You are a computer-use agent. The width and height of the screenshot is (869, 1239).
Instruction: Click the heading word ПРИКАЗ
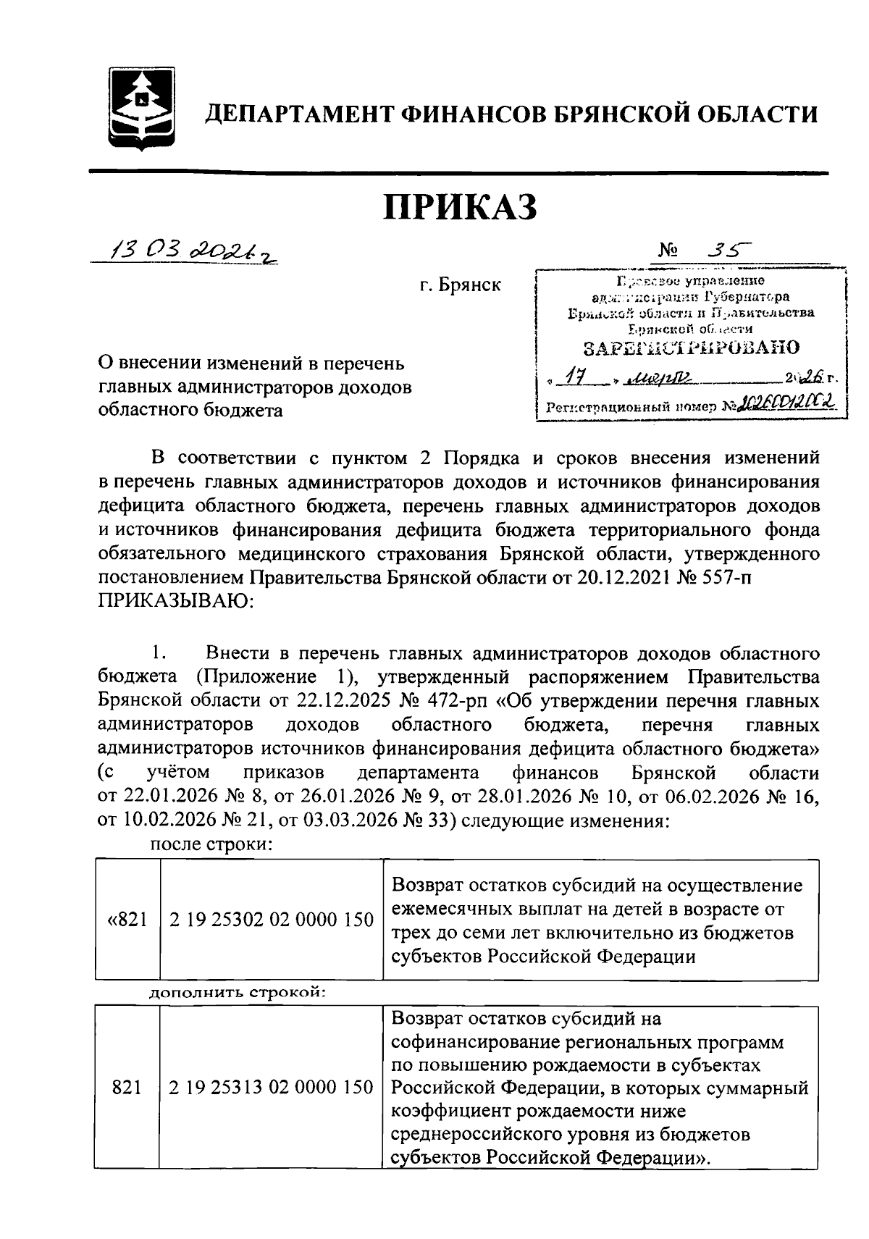460,206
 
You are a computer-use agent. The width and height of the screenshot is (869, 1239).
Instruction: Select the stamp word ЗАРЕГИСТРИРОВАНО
692,348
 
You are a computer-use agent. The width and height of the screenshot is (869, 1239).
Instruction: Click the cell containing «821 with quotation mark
127,920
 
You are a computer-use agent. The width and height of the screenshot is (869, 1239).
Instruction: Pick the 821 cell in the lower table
127,1087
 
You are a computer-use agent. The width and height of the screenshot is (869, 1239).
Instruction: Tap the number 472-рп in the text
447,702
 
